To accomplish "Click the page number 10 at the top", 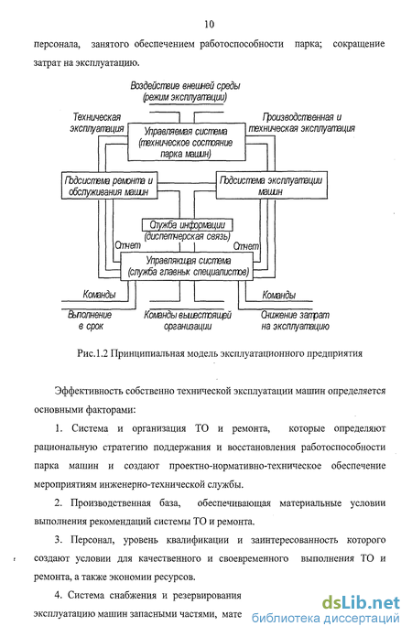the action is [x=209, y=25].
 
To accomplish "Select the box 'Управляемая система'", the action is [x=187, y=142].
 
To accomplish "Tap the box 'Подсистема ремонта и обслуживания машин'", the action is [x=109, y=186].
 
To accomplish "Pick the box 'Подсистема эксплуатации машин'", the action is [x=271, y=185].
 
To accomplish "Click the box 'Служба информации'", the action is [x=188, y=224].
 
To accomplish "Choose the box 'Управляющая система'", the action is [x=187, y=266].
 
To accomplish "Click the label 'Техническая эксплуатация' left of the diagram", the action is [x=97, y=123].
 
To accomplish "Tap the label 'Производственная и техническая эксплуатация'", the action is [x=301, y=123].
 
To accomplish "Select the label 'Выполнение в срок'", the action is [x=91, y=320].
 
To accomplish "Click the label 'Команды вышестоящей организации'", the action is [x=188, y=320].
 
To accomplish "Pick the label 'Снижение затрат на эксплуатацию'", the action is [x=295, y=320].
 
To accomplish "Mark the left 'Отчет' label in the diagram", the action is [x=127, y=245].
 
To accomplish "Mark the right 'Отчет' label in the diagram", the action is [x=245, y=246].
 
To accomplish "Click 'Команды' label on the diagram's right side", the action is [x=279, y=295].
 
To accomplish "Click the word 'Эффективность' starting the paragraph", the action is [x=89, y=391].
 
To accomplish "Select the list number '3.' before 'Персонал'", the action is [x=59, y=540].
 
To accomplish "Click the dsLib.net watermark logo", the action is [x=362, y=602].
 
